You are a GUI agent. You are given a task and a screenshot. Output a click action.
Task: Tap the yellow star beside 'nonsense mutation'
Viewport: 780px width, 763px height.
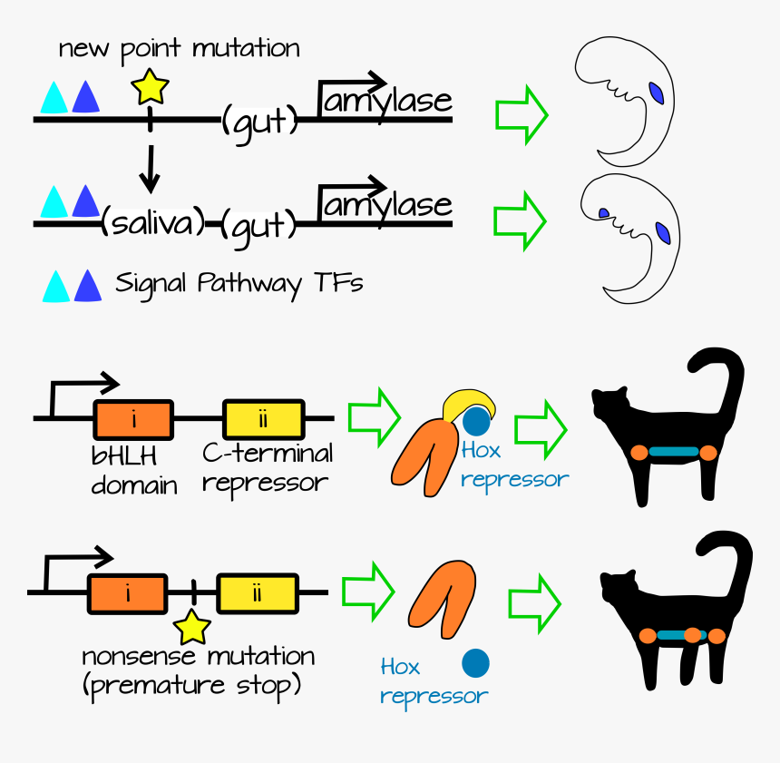(192, 626)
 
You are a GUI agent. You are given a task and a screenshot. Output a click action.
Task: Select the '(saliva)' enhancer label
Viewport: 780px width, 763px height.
(151, 220)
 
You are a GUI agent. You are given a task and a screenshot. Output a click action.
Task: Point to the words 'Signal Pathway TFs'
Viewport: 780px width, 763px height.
(239, 284)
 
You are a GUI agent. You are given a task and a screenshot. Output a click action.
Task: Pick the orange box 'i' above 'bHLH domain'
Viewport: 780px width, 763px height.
(133, 419)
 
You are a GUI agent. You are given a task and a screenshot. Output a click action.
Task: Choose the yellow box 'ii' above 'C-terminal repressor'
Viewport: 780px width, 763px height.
(263, 419)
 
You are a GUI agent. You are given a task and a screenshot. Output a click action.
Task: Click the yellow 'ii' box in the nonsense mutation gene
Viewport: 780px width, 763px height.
(257, 594)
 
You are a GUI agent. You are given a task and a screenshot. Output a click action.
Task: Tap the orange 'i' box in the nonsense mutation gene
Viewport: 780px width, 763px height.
(127, 594)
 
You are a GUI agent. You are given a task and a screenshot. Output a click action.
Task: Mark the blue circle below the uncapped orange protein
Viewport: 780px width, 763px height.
(475, 664)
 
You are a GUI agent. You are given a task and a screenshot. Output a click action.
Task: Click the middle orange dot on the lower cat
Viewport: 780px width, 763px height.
(693, 635)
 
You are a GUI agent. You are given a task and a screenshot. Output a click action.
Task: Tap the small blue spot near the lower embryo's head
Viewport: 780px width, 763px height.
(603, 213)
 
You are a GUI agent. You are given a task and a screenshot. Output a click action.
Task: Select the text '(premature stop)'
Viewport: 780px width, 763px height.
(191, 685)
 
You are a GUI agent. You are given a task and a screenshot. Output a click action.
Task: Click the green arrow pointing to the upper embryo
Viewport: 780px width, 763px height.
(521, 113)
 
